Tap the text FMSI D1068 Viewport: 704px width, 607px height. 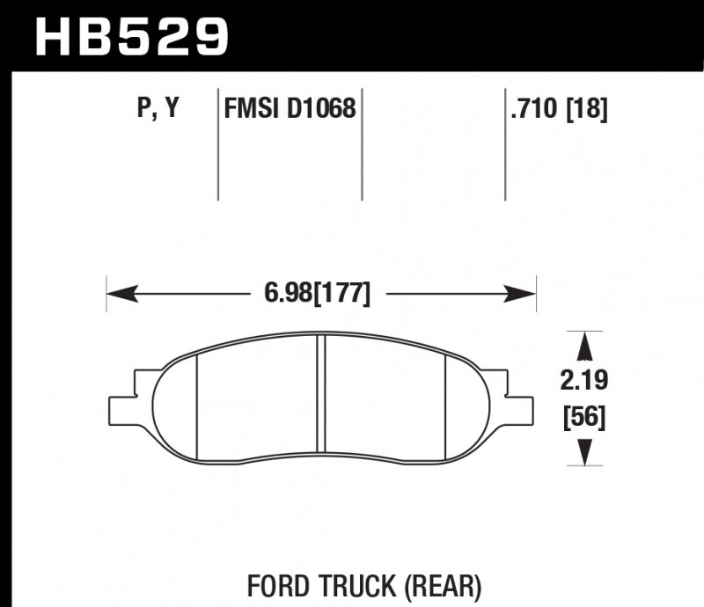290,110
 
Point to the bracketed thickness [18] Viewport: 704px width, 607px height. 588,110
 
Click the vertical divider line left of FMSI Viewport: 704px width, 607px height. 217,145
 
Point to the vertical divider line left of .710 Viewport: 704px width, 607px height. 504,145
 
